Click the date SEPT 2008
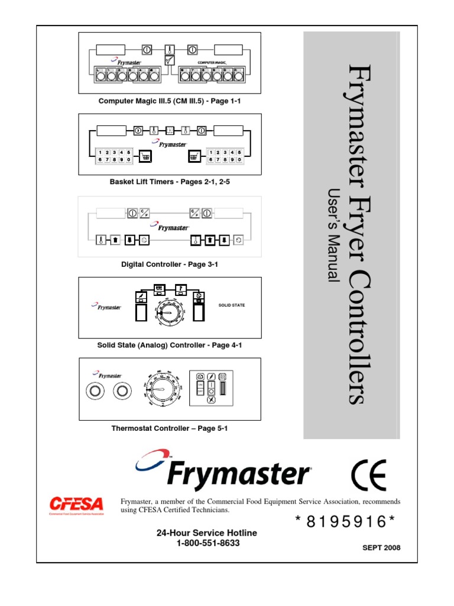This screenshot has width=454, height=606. tap(381, 547)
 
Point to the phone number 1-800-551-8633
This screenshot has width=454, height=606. tap(207, 543)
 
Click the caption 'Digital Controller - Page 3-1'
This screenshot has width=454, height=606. tap(170, 264)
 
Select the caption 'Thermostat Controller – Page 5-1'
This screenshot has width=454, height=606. tap(170, 428)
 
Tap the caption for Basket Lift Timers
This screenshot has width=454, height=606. tap(170, 182)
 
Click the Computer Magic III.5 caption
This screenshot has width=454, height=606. tap(170, 101)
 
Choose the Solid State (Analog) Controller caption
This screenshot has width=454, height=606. tap(170, 344)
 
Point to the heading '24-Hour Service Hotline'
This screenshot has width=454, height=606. tap(207, 533)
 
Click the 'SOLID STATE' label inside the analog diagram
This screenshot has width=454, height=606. tap(232, 305)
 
